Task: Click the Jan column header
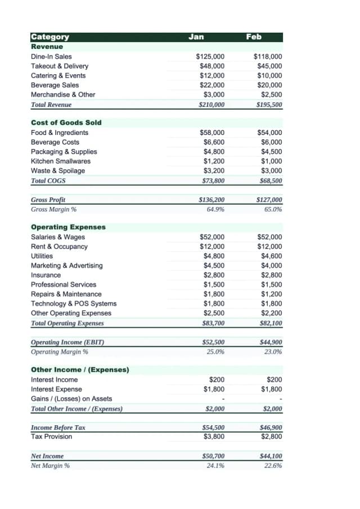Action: [x=196, y=37]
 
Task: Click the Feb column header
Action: [x=254, y=37]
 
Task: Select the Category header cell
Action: [x=50, y=37]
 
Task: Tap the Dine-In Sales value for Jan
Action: [x=210, y=57]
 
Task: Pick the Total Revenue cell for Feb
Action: [x=269, y=105]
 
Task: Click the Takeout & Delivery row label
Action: [x=59, y=66]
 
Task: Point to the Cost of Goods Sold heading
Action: [x=66, y=123]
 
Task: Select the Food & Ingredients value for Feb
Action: [x=269, y=133]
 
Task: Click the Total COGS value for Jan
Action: [x=213, y=181]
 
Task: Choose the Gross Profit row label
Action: [x=48, y=200]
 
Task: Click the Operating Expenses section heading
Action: [x=68, y=227]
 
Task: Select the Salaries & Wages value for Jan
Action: [x=212, y=237]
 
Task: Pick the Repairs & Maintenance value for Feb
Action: [x=271, y=294]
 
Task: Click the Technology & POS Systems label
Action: [x=74, y=304]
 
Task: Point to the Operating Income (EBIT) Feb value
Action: [x=271, y=342]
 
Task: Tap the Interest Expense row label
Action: [x=56, y=389]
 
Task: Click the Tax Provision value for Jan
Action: [x=214, y=436]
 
